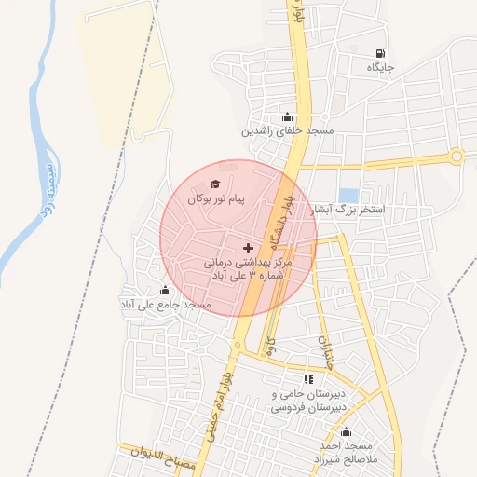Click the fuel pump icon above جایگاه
point(379,53)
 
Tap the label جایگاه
point(380,68)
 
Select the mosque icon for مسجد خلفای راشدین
point(287,117)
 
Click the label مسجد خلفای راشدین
point(288,132)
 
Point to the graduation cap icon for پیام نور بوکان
point(216,184)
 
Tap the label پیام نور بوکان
point(216,199)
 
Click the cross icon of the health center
point(247,248)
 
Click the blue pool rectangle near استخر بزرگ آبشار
point(349,196)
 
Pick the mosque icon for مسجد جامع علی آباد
point(166,290)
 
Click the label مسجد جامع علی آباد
point(165,305)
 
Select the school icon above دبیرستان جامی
point(308,379)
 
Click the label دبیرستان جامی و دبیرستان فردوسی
point(308,400)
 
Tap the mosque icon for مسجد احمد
point(347,432)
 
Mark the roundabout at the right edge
point(457,157)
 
